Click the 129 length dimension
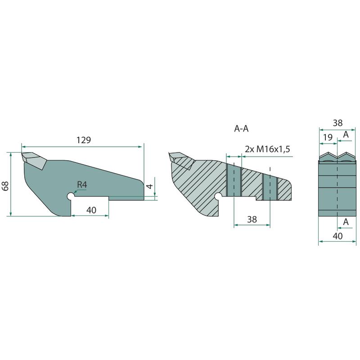[84, 140]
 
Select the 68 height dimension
[5, 186]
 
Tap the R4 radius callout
[82, 184]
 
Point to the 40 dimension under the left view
[91, 210]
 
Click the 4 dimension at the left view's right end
[150, 186]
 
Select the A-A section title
[241, 129]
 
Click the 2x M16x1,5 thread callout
[267, 149]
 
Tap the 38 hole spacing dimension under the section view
[252, 220]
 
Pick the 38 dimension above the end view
[337, 123]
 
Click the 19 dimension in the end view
[328, 137]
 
